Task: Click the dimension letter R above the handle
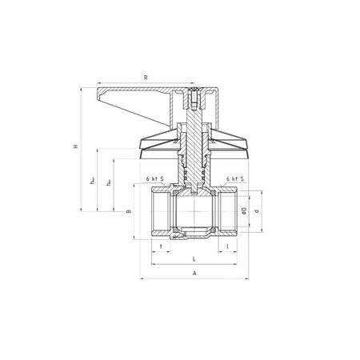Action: click(145, 78)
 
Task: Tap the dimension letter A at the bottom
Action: click(194, 274)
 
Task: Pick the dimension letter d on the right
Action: click(256, 212)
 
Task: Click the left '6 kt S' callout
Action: click(155, 179)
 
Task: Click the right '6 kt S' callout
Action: click(234, 179)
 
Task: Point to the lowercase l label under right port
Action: click(229, 247)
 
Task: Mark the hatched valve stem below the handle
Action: click(195, 160)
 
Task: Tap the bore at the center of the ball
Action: click(194, 214)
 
